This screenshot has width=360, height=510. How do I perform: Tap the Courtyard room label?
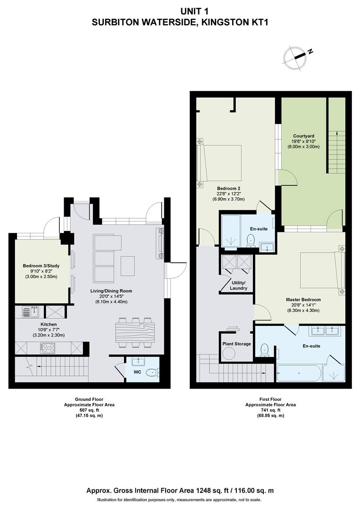pos(303,136)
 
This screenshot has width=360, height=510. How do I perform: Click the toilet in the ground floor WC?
pos(152,373)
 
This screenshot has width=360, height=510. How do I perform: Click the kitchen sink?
pos(31,312)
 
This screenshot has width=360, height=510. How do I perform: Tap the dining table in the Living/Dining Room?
pos(135,332)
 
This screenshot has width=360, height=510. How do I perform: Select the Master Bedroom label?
pos(303,299)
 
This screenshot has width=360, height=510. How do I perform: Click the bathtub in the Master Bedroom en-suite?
pos(299,373)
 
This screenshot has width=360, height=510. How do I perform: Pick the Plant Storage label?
pos(236,343)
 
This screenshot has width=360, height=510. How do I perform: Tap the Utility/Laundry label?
pos(238,285)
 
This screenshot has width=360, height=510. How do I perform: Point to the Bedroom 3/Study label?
pos(41,266)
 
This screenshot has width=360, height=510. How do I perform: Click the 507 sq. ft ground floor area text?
pos(89,410)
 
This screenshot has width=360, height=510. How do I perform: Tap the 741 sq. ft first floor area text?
pos(270,410)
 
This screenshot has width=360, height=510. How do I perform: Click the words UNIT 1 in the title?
pos(194,12)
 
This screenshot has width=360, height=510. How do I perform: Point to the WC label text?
pos(137,372)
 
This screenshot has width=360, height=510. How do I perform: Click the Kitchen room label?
pos(49,324)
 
